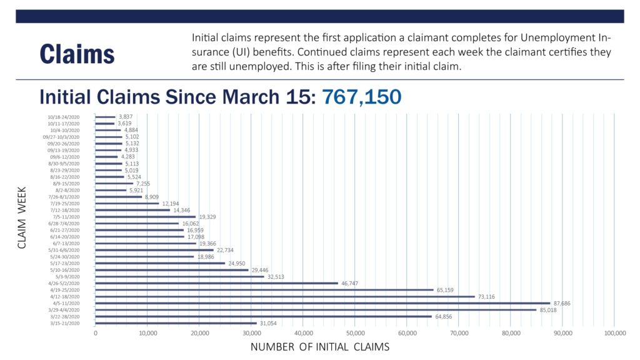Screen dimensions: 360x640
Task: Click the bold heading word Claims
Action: [77, 54]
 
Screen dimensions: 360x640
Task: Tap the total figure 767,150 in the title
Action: [361, 97]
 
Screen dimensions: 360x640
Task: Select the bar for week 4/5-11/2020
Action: [322, 303]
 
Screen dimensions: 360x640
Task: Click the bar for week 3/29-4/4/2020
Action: [316, 309]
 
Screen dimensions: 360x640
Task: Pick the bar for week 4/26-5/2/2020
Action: [216, 283]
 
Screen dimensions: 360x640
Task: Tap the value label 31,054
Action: [268, 323]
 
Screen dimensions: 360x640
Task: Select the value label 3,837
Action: [126, 117]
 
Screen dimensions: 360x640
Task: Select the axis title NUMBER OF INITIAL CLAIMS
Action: [319, 347]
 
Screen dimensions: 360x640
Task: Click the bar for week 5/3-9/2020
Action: [179, 276]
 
